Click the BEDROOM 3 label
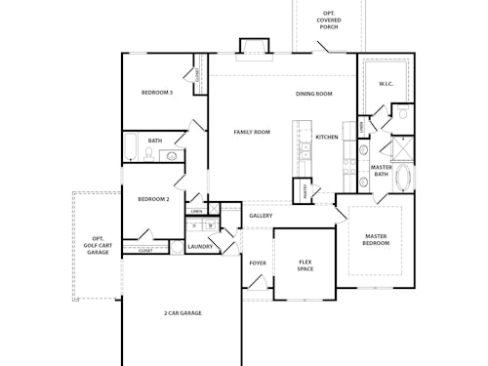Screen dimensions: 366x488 pos(157,93)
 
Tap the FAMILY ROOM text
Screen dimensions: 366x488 pos(252,132)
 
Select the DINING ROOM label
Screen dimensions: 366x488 pos(314,94)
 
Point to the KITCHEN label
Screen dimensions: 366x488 pos(327,137)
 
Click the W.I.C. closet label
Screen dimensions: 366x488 pos(386,84)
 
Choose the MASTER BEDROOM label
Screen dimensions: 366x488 pos(377,239)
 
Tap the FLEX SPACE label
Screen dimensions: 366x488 pos(305,264)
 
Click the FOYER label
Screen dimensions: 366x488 pos(258,263)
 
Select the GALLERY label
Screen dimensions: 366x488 pos(261,216)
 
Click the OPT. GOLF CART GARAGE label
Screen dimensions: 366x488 pos(98,245)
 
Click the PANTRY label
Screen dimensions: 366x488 pos(304,190)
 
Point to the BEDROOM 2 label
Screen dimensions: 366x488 pos(153,199)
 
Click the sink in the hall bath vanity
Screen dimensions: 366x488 pos(171,155)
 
